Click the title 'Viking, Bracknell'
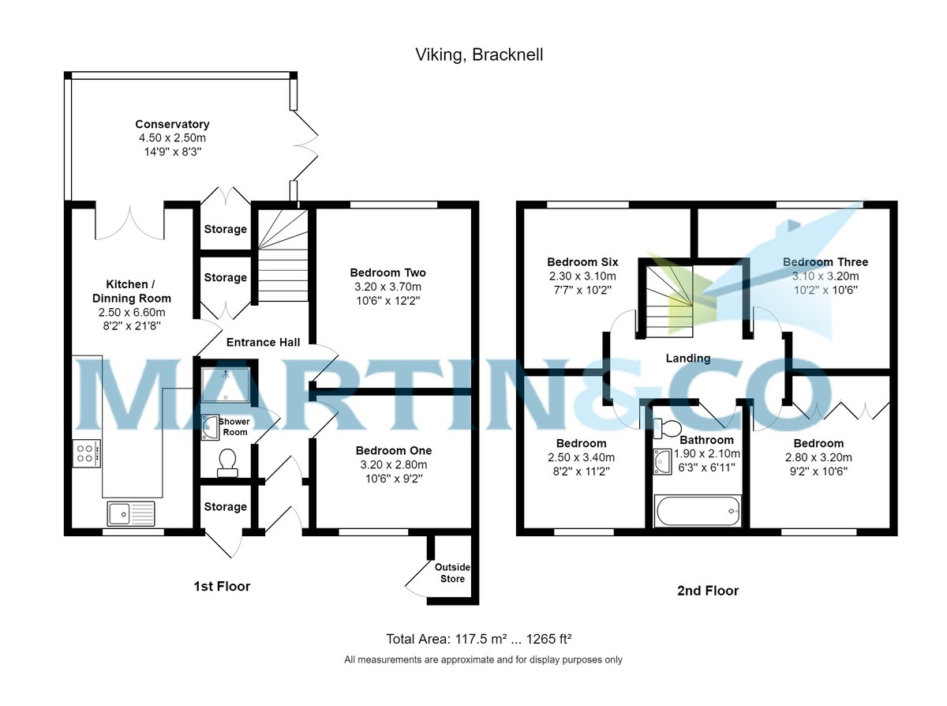pos(479,54)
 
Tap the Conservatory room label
pos(172,124)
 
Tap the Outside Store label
pos(452,573)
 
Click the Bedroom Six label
pos(582,262)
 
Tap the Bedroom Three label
pos(825,262)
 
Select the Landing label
pos(688,358)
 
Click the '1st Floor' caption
pos(222,586)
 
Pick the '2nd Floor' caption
pos(707,590)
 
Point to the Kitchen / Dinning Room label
pos(131,291)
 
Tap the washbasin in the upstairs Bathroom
pos(662,461)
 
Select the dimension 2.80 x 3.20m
pos(818,457)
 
